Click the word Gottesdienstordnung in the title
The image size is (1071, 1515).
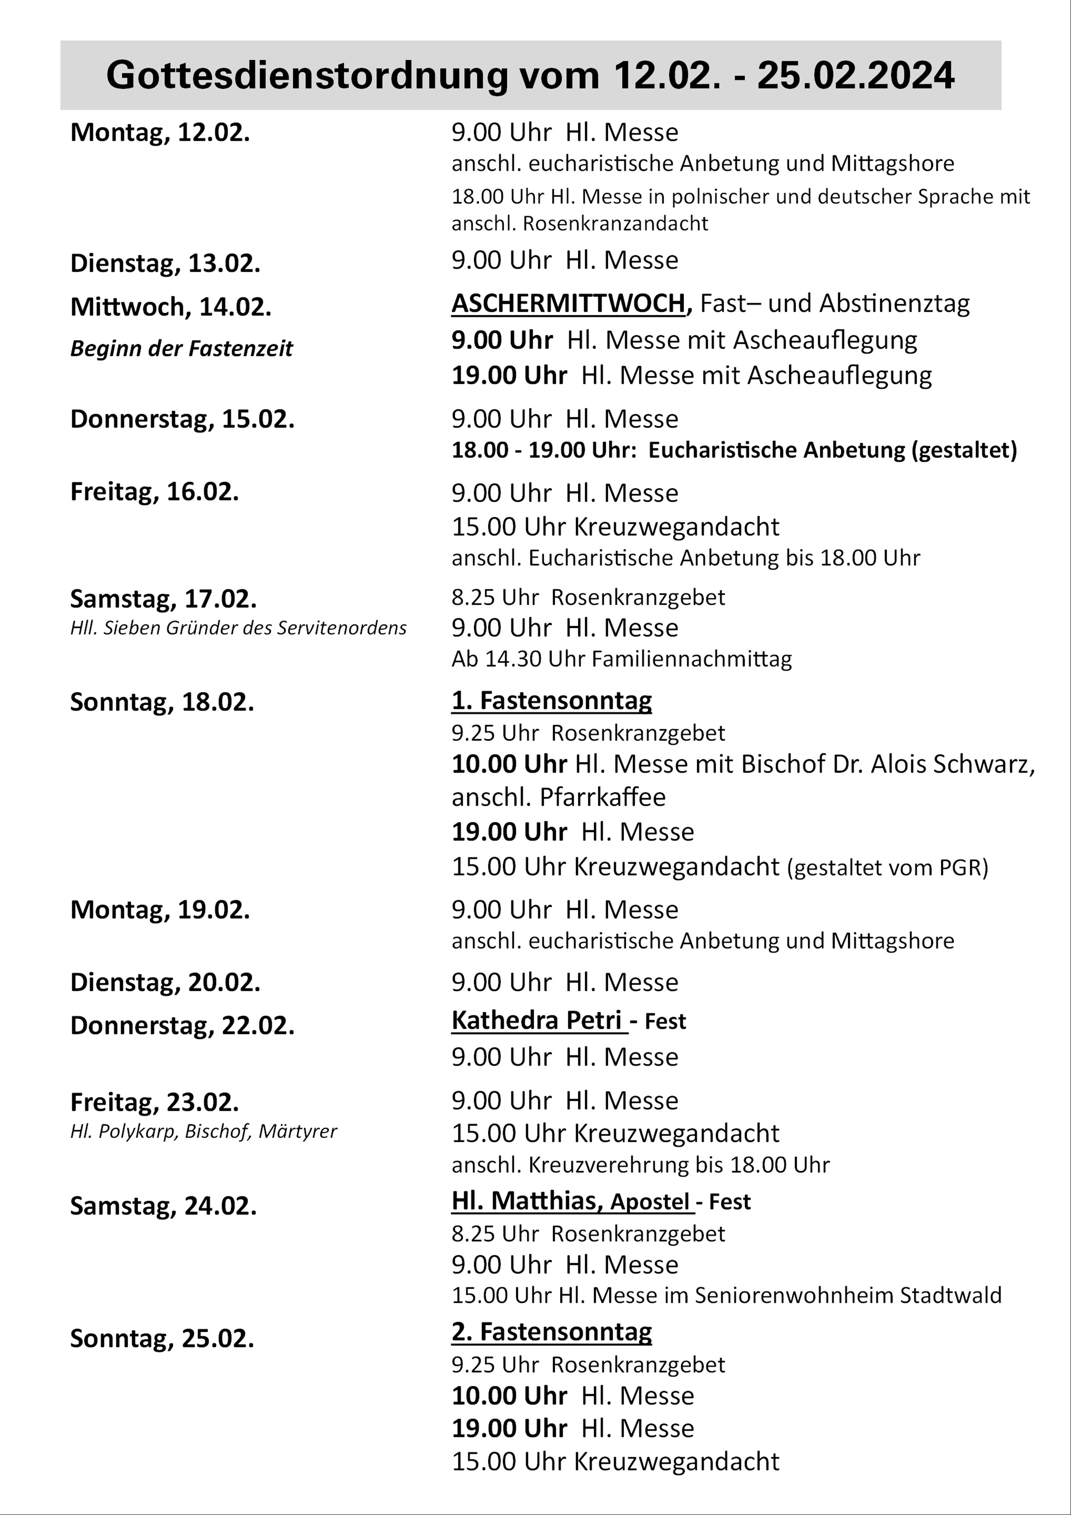click(x=307, y=75)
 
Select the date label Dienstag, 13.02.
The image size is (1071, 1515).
click(x=165, y=263)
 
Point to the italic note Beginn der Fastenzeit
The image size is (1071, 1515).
click(x=181, y=349)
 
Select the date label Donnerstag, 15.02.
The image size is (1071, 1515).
click(x=182, y=419)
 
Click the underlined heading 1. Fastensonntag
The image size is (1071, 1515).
click(x=551, y=700)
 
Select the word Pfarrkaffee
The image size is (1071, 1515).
click(x=602, y=797)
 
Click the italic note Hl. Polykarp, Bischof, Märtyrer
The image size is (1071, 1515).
click(x=203, y=1131)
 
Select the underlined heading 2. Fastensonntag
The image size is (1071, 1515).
click(x=551, y=1331)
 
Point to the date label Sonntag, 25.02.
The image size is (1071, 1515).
click(x=162, y=1339)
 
